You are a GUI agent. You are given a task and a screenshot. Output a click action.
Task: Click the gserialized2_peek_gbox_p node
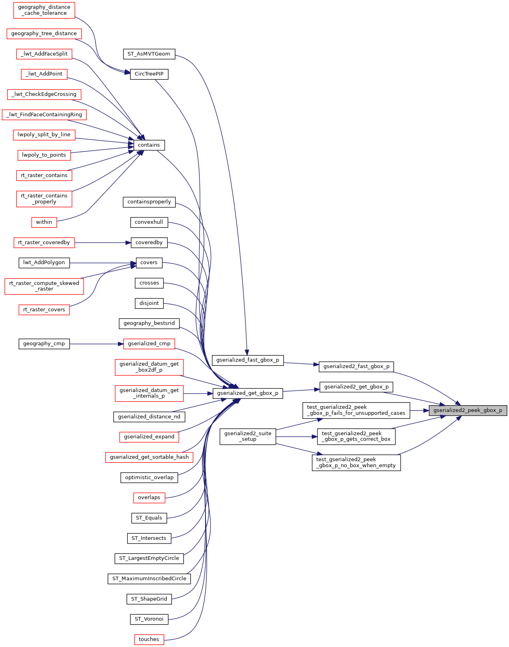(468, 410)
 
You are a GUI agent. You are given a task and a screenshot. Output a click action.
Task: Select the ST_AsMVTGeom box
(149, 54)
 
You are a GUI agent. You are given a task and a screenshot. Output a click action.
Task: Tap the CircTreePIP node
(149, 74)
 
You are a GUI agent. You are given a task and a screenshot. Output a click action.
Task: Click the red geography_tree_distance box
(44, 34)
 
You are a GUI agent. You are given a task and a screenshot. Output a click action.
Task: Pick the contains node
(149, 145)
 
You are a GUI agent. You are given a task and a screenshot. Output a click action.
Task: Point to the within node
(44, 223)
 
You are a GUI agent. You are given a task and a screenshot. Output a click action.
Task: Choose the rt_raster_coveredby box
(44, 243)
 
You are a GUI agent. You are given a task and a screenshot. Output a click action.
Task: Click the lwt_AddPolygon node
(44, 263)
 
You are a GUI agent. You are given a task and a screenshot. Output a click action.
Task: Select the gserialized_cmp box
(149, 344)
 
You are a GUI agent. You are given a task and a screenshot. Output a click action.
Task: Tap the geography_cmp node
(44, 344)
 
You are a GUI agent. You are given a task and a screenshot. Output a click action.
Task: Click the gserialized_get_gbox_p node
(248, 394)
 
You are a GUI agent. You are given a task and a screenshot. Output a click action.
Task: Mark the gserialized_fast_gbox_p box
(248, 360)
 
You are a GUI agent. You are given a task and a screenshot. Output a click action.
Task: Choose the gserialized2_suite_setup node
(248, 436)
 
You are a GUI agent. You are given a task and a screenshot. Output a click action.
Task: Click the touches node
(149, 639)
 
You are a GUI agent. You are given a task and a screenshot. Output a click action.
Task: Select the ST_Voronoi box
(149, 619)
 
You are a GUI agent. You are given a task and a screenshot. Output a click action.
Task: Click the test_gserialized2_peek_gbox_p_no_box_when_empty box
(357, 463)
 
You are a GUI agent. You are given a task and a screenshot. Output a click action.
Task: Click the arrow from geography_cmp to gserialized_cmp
(97, 344)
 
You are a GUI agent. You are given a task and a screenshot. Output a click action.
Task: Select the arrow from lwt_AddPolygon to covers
(103, 263)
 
